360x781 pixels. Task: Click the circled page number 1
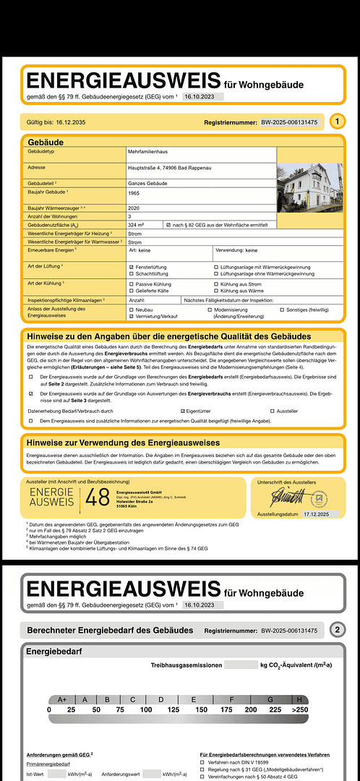[x=340, y=122]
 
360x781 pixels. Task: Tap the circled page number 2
[x=340, y=630]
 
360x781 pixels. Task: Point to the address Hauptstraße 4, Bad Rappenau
[x=171, y=168]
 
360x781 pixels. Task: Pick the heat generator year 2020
[x=134, y=208]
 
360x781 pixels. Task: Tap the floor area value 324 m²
[x=136, y=225]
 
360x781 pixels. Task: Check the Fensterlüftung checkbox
[x=131, y=268]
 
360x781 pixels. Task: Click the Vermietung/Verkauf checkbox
[x=131, y=317]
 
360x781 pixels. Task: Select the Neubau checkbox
[x=131, y=310]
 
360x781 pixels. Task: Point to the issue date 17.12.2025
[x=315, y=514]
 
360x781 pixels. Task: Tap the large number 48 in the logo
[x=98, y=498]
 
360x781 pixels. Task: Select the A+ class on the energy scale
[x=61, y=699]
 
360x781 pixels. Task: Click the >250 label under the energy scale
[x=299, y=710]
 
